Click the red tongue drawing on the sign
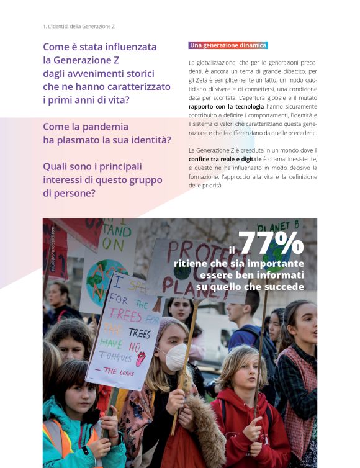(141, 358)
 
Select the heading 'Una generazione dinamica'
(228, 45)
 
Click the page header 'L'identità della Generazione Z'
(79, 27)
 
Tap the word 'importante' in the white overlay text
(273, 263)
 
